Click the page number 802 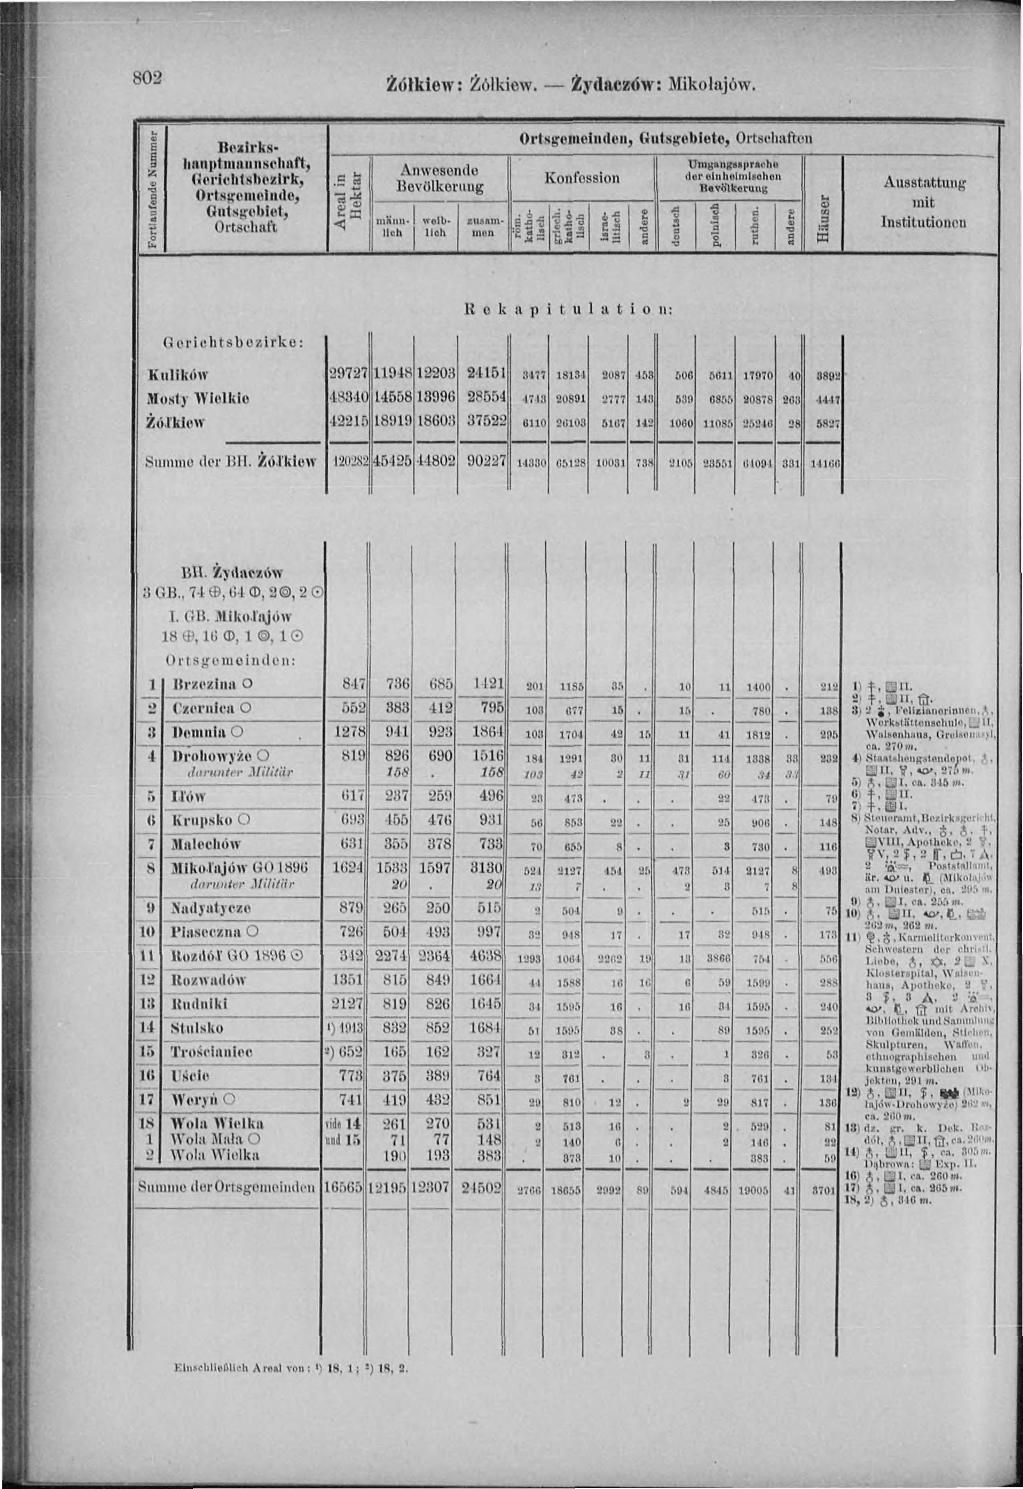(x=147, y=77)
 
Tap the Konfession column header (x=582, y=178)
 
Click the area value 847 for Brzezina (x=353, y=684)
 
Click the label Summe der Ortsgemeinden (x=228, y=1187)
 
